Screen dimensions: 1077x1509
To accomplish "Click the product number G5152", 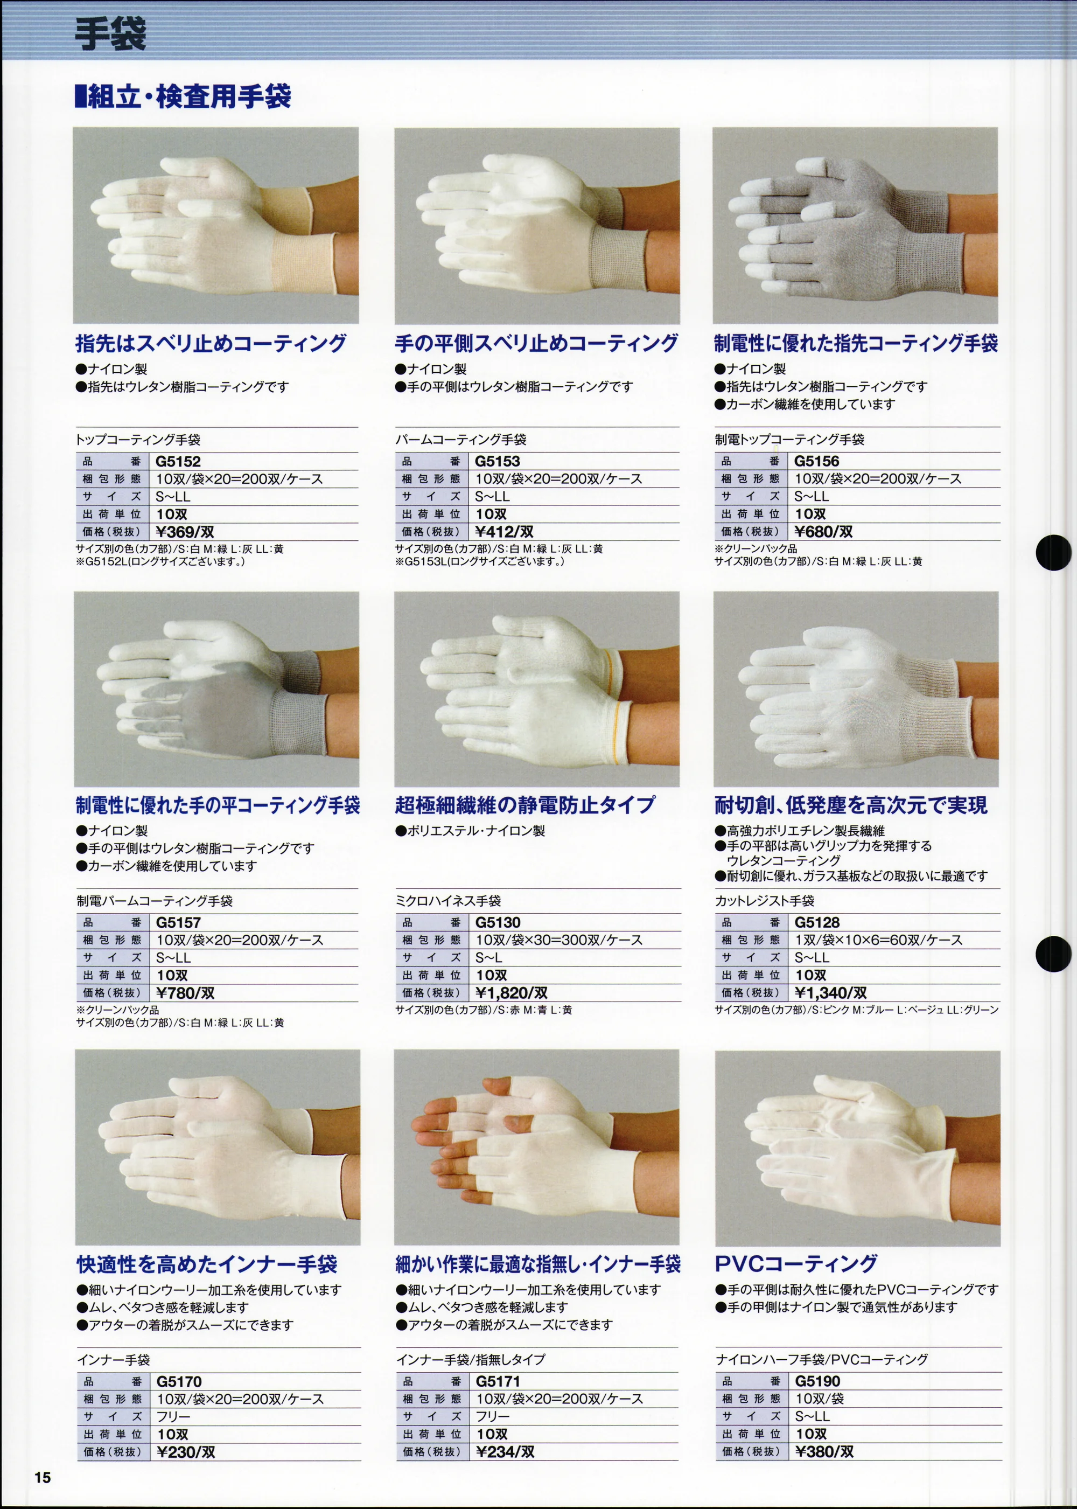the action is [178, 461].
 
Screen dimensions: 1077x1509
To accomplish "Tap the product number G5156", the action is [816, 461].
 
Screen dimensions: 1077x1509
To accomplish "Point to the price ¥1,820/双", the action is [512, 993].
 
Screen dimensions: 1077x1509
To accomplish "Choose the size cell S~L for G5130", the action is [488, 958].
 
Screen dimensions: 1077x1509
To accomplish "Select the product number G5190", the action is [817, 1381].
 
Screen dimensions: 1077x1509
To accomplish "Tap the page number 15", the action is [43, 1477].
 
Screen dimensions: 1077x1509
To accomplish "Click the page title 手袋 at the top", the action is [110, 34].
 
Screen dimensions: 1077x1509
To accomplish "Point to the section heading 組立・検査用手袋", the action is [183, 97].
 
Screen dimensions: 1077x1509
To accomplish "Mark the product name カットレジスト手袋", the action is [764, 901].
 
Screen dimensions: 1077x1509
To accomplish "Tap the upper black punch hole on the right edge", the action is [1053, 552].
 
